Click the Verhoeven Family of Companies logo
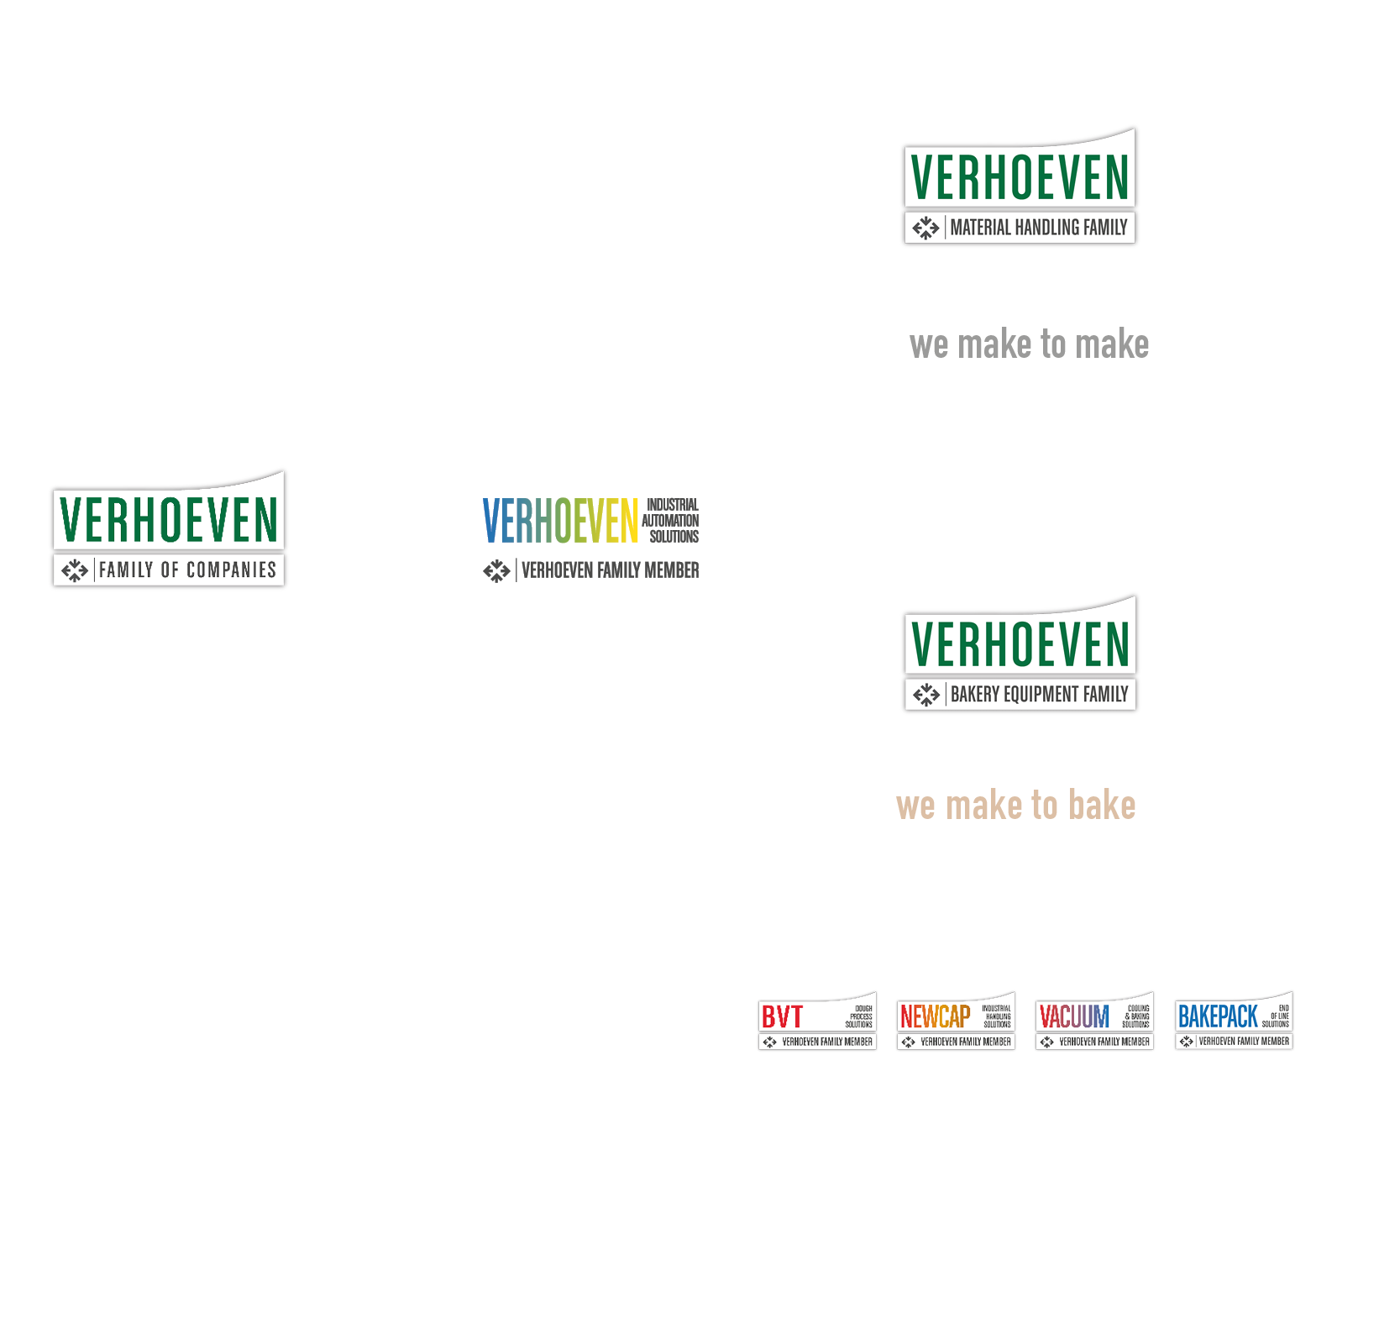(x=169, y=529)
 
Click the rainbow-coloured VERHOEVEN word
(x=560, y=521)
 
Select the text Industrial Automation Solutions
(x=671, y=521)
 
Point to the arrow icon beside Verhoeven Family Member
(x=496, y=571)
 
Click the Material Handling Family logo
(x=1020, y=186)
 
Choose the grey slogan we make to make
(x=1029, y=344)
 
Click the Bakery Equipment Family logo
(x=1020, y=654)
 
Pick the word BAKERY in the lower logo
(x=975, y=695)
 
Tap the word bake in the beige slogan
(x=1102, y=805)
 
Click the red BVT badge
(x=817, y=1021)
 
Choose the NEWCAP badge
(x=956, y=1021)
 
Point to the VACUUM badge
(x=1094, y=1021)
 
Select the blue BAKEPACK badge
(x=1234, y=1021)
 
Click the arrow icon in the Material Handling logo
(x=925, y=228)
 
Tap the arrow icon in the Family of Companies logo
(x=75, y=571)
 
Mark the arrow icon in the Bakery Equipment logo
(x=925, y=695)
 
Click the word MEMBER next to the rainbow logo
(x=671, y=571)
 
